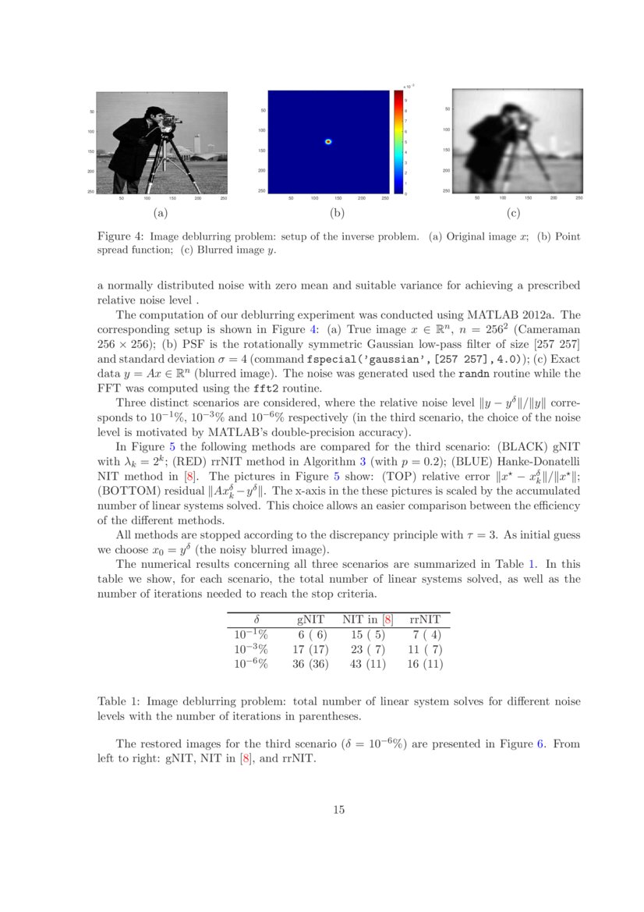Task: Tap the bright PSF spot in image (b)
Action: coord(328,142)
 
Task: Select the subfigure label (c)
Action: coord(513,213)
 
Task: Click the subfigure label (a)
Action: coord(160,213)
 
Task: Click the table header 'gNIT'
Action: coord(311,619)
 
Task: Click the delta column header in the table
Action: coord(257,619)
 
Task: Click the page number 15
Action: coord(338,810)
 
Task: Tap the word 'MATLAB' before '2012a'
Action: coord(490,315)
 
